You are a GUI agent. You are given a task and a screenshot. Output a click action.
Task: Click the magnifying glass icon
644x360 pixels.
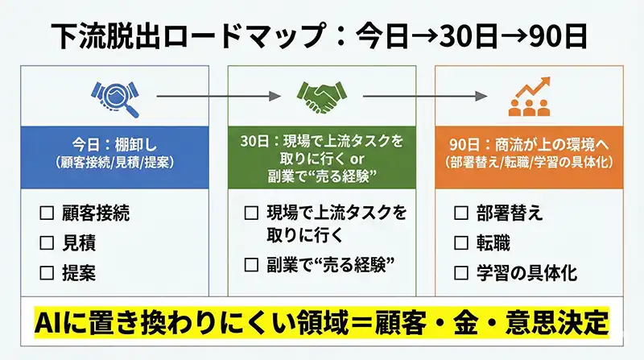click(115, 95)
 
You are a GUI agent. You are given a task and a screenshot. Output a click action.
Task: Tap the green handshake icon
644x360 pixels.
click(321, 96)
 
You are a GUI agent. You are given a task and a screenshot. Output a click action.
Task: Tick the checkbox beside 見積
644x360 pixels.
click(46, 243)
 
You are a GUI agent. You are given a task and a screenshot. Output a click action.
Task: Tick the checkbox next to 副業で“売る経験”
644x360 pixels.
click(251, 263)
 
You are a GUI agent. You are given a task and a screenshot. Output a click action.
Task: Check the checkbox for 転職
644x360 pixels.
click(461, 243)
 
